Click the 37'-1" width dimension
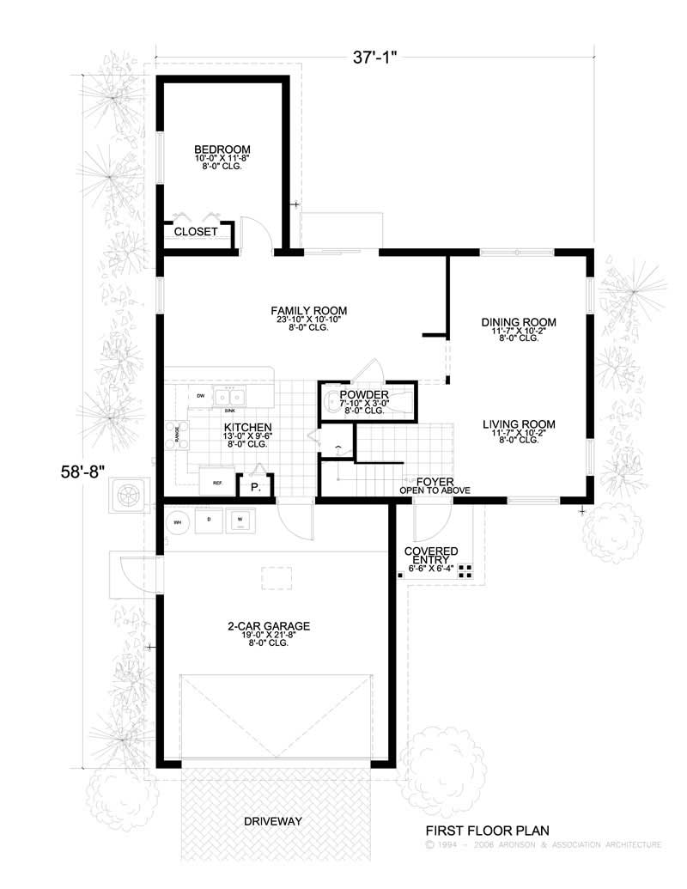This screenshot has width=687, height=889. tap(376, 58)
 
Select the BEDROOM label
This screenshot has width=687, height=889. tap(221, 148)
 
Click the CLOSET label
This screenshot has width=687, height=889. tap(196, 232)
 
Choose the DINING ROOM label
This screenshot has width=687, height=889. tap(519, 323)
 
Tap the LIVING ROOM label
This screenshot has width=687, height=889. tap(519, 424)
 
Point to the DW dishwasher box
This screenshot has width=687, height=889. tap(200, 396)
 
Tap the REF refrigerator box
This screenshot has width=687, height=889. tap(217, 483)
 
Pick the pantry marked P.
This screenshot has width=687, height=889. tap(256, 487)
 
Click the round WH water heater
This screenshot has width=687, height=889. tap(179, 521)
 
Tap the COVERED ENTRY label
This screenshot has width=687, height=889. tap(431, 551)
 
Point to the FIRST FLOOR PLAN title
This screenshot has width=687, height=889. tap(487, 831)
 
